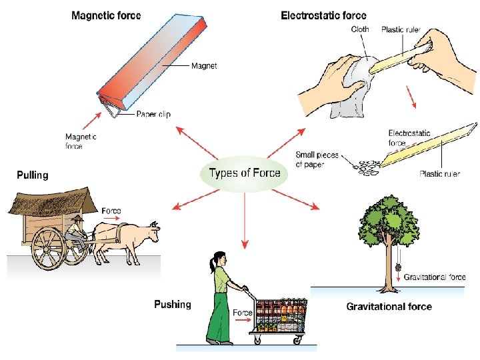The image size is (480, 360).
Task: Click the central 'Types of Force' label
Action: (244, 173)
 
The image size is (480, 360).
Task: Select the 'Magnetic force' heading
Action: (106, 16)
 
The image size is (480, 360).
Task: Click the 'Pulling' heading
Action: (33, 175)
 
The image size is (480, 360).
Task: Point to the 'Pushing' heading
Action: (172, 305)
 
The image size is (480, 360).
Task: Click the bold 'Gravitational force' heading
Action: (389, 307)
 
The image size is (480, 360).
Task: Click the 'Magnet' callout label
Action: (204, 66)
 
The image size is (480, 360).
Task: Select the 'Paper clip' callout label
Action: (153, 114)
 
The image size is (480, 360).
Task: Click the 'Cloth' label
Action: (361, 29)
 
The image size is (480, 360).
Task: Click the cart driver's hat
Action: (79, 219)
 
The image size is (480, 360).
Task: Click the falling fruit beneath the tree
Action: (398, 265)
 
